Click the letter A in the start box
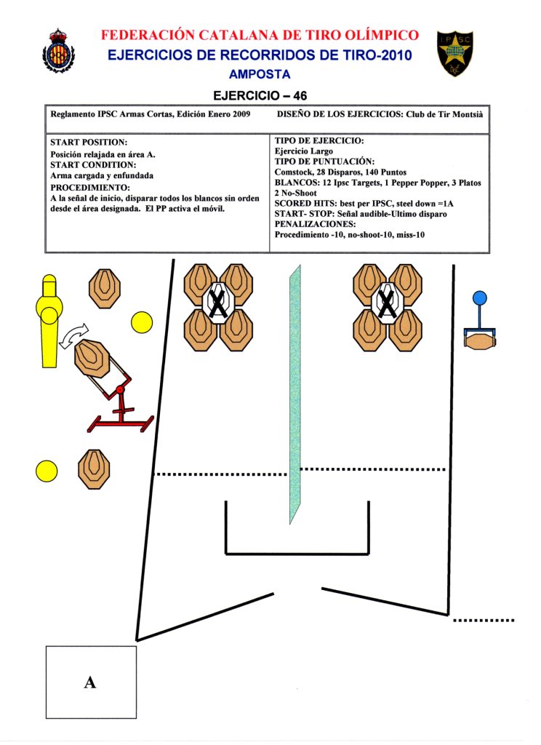pos(90,682)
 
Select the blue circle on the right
pos(479,298)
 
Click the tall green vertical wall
pos(294,393)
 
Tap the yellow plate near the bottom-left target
pos(47,471)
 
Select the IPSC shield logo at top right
pos(455,53)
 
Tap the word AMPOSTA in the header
pos(260,74)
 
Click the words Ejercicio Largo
pos(304,151)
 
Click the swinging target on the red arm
pos(92,357)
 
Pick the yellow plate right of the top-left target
pos(141,322)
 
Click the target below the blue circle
pos(479,340)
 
